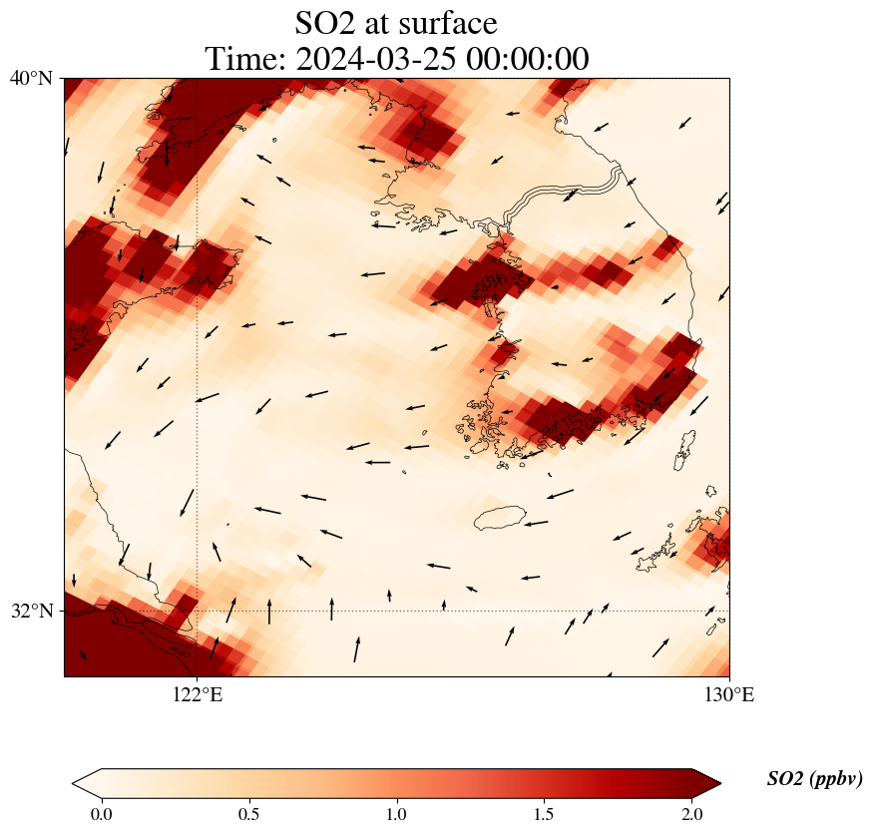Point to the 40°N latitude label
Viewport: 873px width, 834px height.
(31, 78)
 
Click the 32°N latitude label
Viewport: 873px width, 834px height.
(31, 611)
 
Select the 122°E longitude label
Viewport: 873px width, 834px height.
(197, 694)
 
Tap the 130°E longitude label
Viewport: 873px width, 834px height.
(729, 694)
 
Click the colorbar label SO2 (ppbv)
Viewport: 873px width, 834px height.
(814, 779)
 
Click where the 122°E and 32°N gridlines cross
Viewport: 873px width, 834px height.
(197, 611)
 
